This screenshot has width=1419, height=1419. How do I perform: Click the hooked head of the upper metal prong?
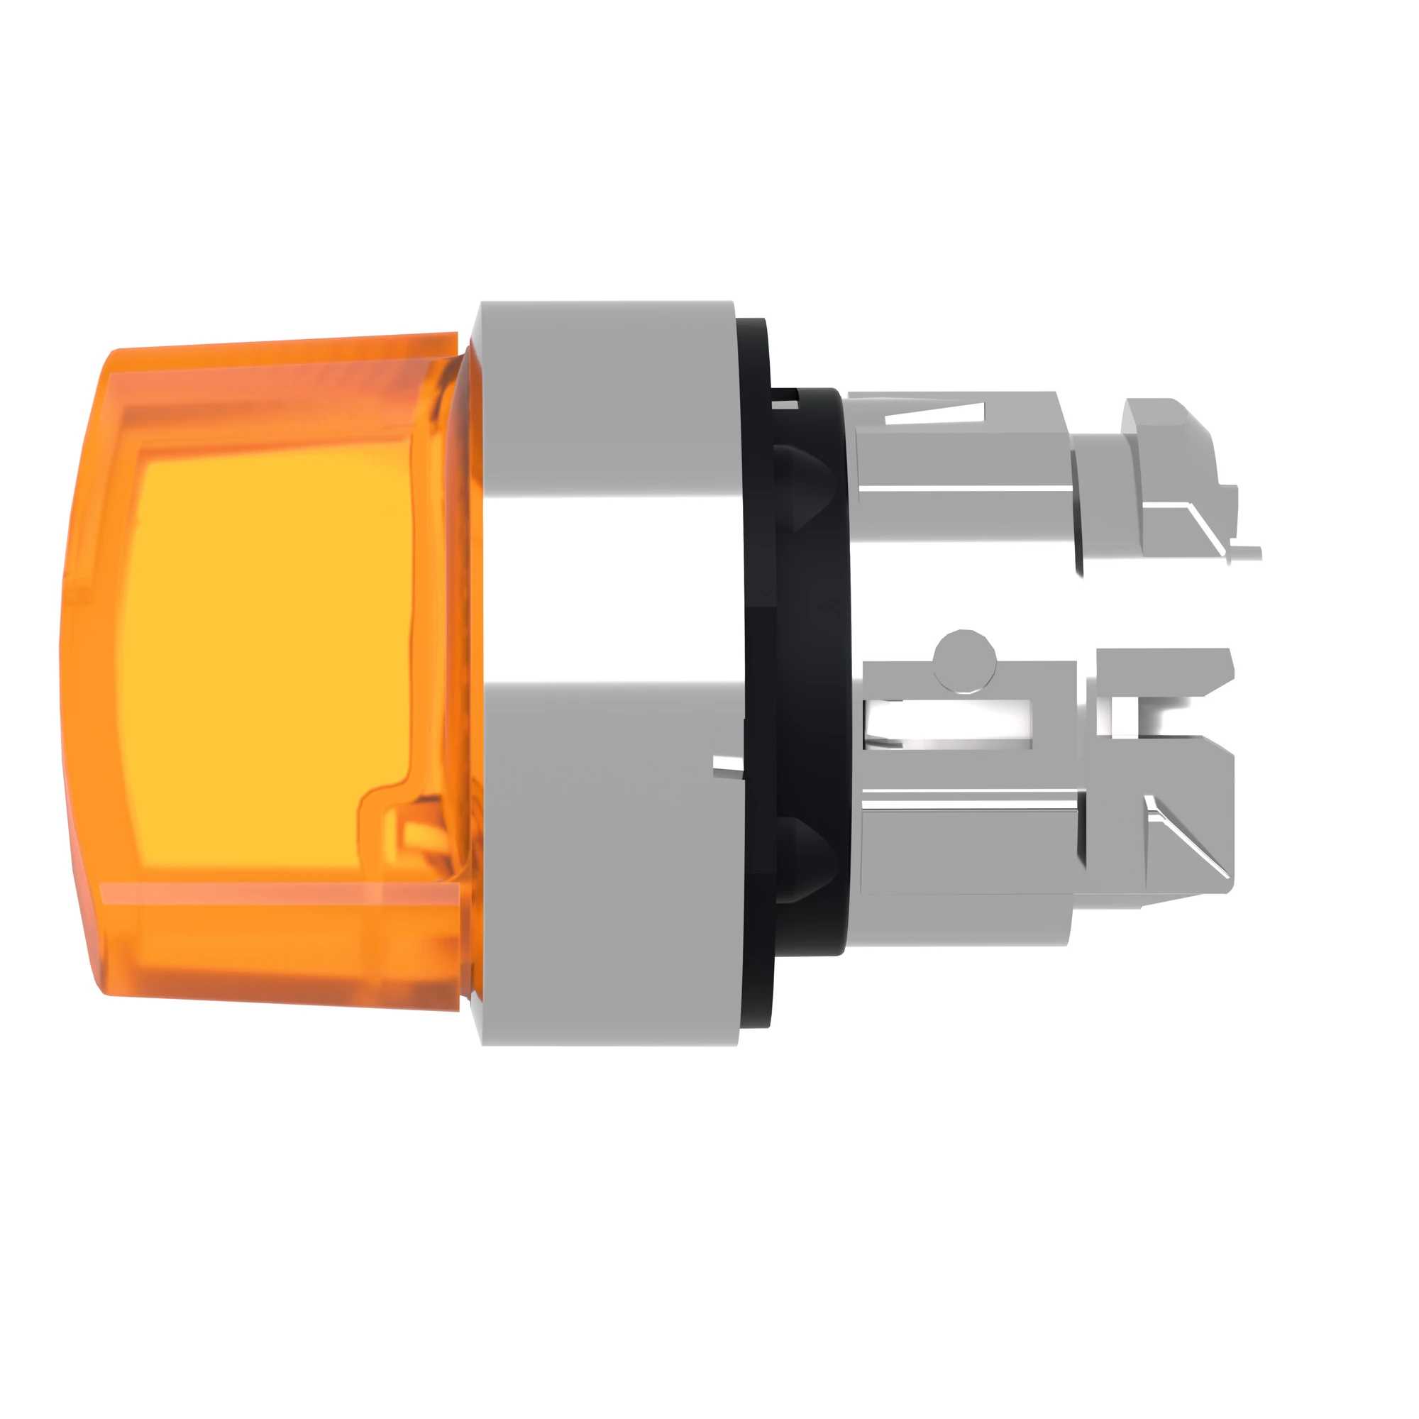coord(1168,441)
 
